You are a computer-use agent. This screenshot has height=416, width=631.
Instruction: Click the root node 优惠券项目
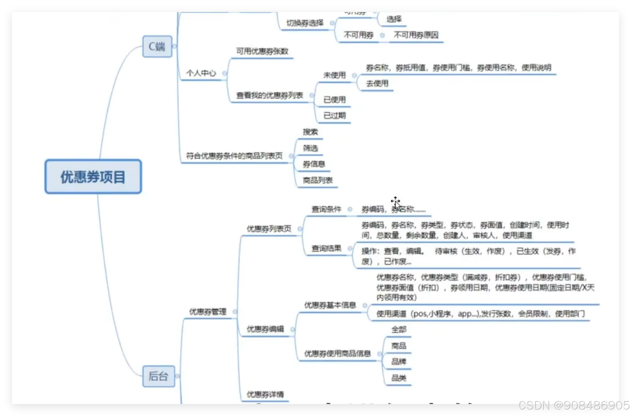pyautogui.click(x=93, y=177)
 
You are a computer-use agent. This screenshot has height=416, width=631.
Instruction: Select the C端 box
pyautogui.click(x=157, y=46)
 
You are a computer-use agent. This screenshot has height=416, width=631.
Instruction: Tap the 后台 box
pyautogui.click(x=158, y=376)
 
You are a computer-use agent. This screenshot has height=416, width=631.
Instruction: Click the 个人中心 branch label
pyautogui.click(x=201, y=73)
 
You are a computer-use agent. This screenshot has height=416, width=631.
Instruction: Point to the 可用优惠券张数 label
pyautogui.click(x=262, y=51)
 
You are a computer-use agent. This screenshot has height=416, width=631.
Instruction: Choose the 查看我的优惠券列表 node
pyautogui.click(x=269, y=95)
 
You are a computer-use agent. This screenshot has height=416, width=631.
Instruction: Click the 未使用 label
pyautogui.click(x=334, y=75)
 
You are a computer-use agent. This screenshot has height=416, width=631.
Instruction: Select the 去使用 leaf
pyautogui.click(x=377, y=83)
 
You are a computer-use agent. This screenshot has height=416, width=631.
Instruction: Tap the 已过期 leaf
pyautogui.click(x=334, y=116)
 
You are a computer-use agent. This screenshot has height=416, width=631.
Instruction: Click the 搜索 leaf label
pyautogui.click(x=310, y=132)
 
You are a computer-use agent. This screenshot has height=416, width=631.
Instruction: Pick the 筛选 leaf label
pyautogui.click(x=310, y=148)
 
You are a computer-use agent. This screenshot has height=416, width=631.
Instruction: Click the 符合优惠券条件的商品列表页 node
pyautogui.click(x=234, y=156)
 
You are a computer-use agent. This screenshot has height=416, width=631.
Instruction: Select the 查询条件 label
pyautogui.click(x=326, y=209)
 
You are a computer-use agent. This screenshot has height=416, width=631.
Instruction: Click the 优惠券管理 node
pyautogui.click(x=208, y=312)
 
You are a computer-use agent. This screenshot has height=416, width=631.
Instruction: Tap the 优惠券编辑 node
pyautogui.click(x=265, y=329)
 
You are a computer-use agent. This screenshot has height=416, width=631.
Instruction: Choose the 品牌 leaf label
pyautogui.click(x=398, y=362)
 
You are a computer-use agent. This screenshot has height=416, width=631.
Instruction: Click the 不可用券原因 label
pyautogui.click(x=416, y=35)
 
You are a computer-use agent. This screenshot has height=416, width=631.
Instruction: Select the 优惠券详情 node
pyautogui.click(x=265, y=394)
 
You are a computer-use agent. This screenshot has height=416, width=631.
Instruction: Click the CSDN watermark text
pyautogui.click(x=573, y=405)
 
